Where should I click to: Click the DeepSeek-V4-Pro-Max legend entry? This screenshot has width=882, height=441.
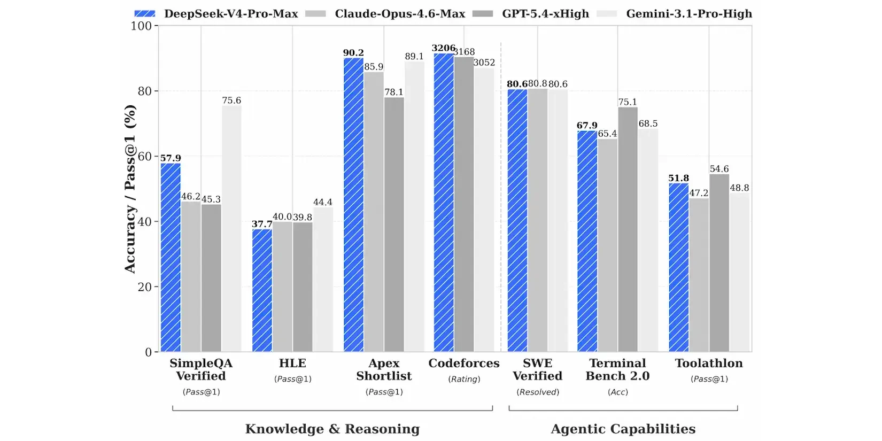(216, 14)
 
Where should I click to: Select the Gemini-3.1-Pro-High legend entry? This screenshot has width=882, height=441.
(674, 14)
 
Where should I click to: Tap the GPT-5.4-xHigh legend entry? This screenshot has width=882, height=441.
(530, 14)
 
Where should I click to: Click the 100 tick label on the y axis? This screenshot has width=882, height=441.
(141, 26)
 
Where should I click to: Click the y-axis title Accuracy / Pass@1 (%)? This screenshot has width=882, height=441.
(129, 189)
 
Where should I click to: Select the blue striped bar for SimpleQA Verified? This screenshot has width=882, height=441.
(171, 258)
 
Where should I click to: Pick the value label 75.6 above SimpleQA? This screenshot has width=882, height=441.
(231, 100)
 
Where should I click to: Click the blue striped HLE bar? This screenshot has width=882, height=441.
(262, 290)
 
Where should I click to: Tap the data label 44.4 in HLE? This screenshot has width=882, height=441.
(323, 202)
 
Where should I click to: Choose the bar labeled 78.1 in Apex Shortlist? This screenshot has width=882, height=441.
(394, 225)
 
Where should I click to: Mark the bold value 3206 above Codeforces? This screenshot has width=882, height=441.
(444, 48)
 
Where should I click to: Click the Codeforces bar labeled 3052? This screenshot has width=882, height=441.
(484, 210)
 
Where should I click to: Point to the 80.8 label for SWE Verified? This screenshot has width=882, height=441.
(537, 84)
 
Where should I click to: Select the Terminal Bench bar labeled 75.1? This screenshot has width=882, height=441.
(628, 229)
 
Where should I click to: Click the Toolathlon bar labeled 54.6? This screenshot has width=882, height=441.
(719, 262)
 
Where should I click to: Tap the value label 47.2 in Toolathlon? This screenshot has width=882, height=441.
(699, 193)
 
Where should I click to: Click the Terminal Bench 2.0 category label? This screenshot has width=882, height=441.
(617, 369)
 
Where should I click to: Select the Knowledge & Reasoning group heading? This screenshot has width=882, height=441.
(332, 429)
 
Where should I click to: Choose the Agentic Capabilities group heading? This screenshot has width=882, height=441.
(623, 429)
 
